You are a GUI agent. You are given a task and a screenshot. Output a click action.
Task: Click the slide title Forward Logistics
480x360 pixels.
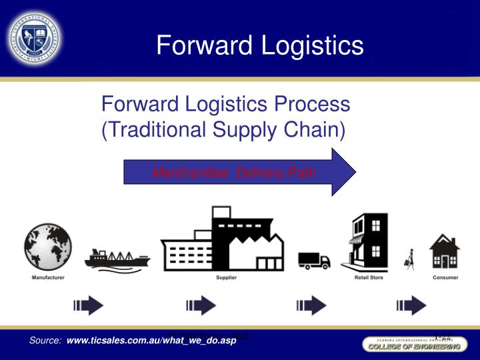[x=260, y=45]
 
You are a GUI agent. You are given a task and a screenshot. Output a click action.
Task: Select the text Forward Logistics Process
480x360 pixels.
[x=225, y=104]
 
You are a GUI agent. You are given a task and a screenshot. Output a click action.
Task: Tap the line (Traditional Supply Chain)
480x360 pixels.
[x=223, y=129]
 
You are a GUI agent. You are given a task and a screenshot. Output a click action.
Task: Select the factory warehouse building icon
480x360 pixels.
[x=222, y=239]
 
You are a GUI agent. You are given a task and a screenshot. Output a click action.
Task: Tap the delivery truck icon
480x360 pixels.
[x=314, y=260]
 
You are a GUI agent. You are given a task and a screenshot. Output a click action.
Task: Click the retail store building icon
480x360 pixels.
[x=365, y=243]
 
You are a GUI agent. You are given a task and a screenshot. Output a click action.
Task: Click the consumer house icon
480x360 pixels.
[x=445, y=251]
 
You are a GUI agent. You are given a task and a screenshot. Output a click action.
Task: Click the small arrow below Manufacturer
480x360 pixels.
[x=89, y=306]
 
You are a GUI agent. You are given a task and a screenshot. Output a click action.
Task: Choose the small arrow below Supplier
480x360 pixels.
[x=201, y=306]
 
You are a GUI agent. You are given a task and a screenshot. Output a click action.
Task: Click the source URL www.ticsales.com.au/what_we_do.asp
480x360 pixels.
[x=151, y=341]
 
